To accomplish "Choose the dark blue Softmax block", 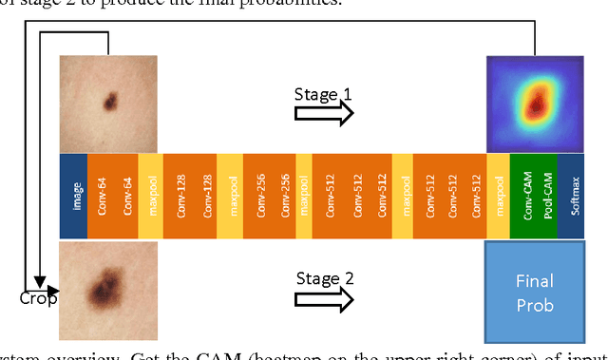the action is (x=574, y=196).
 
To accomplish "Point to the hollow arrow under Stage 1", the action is (x=324, y=113).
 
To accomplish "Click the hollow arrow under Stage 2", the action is (x=324, y=298).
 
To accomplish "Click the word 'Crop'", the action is (x=38, y=298).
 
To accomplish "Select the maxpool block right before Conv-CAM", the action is (x=497, y=196).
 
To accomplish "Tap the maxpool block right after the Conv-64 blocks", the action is (x=152, y=196).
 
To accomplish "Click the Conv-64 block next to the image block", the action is (x=102, y=196).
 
